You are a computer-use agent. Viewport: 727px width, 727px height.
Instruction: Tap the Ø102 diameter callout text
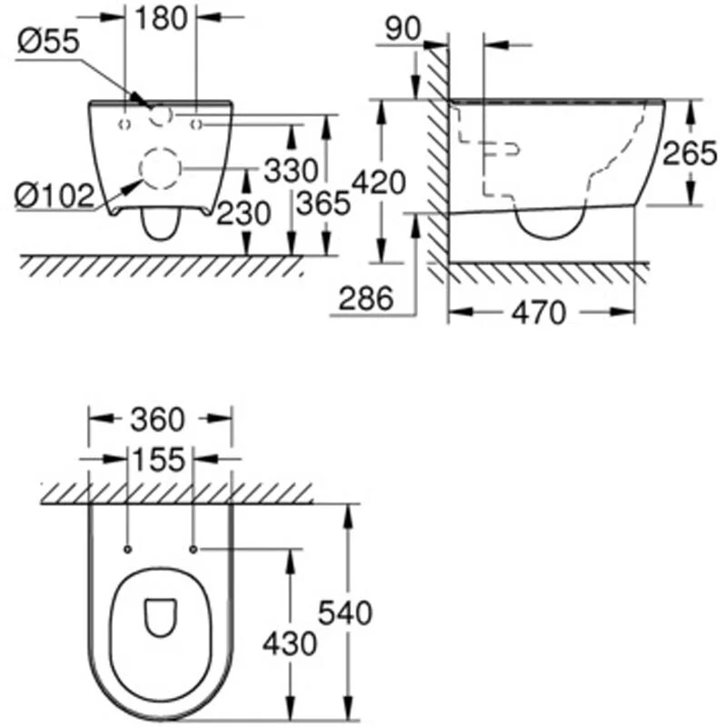coord(54,193)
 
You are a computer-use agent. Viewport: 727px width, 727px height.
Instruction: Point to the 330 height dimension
coord(292,170)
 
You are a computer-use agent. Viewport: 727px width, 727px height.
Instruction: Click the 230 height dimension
coord(244,214)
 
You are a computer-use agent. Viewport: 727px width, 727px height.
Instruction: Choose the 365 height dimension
coord(325,204)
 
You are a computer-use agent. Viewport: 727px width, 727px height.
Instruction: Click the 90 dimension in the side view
coord(402,28)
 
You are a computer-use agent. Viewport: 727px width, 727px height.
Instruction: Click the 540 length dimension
coord(344,613)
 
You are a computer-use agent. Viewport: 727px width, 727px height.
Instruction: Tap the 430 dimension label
coord(290,644)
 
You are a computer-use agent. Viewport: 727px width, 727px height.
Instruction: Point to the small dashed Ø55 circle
coord(161,115)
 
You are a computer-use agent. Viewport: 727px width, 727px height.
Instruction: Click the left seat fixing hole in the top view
coord(127,549)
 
